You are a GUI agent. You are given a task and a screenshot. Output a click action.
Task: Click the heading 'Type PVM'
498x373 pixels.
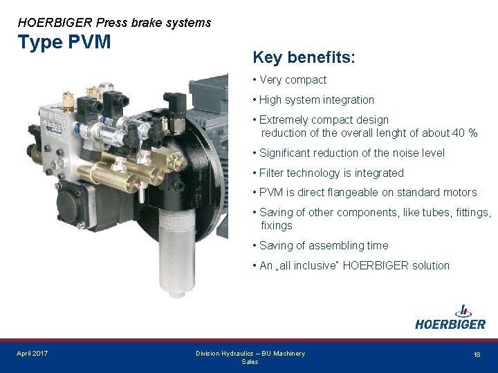(64, 42)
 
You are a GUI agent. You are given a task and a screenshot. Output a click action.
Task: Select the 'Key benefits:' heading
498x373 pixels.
(304, 57)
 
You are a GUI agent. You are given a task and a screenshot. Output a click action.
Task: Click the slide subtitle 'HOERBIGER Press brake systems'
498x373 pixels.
(114, 23)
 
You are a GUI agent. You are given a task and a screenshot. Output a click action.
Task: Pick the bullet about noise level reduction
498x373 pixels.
(351, 153)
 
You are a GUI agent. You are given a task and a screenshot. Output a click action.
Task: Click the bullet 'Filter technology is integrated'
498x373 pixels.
(331, 173)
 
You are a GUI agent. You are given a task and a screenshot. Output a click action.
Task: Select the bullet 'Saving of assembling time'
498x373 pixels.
(323, 246)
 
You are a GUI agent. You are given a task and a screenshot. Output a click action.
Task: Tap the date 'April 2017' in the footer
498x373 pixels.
(33, 354)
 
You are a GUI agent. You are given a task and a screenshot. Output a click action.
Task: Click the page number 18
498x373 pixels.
(477, 354)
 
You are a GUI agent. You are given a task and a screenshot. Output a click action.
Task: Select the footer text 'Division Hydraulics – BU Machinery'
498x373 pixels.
(250, 354)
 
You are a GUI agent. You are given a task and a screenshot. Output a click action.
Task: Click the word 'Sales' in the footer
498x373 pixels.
(250, 362)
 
